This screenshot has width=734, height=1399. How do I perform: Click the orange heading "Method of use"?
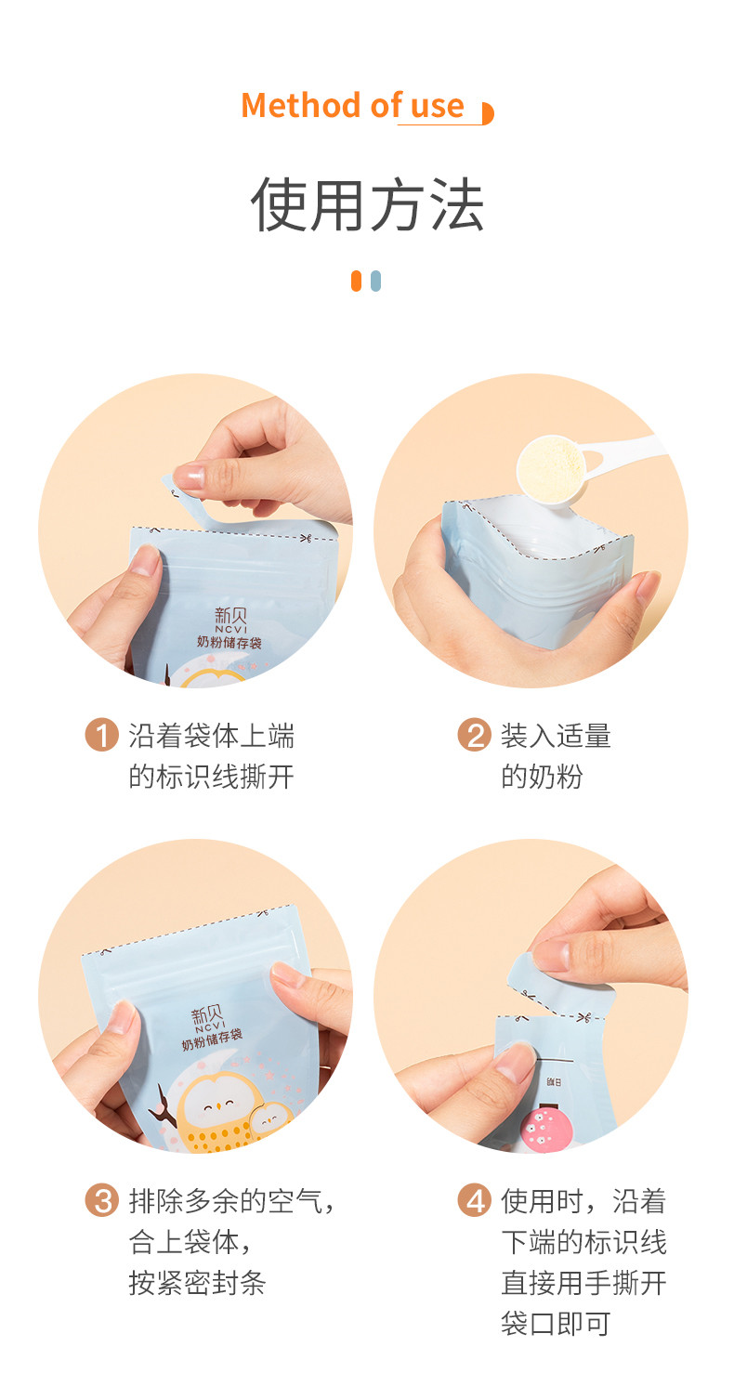tap(352, 105)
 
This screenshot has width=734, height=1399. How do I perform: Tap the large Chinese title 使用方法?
tap(367, 204)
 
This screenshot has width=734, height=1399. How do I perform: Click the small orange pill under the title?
tap(356, 281)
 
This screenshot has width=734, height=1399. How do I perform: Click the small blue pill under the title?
tap(375, 281)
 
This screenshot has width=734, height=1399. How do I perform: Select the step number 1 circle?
tap(102, 735)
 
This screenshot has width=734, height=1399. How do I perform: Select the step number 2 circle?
tap(474, 735)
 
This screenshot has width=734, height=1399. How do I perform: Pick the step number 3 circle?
tap(102, 1200)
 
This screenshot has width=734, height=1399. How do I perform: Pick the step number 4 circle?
tap(474, 1200)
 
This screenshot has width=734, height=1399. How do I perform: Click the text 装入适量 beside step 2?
tap(556, 736)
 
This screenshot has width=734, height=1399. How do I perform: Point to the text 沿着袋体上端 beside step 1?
tap(211, 736)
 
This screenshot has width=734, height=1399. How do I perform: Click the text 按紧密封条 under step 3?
tap(197, 1283)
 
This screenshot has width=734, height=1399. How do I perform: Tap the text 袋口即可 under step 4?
tap(556, 1324)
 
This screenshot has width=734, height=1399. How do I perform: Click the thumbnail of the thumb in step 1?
tap(144, 560)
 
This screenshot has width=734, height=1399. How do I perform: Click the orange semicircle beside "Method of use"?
tap(487, 113)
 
